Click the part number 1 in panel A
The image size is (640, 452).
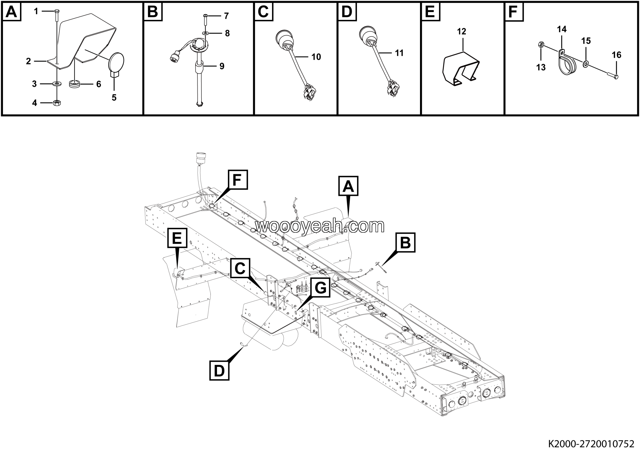tap(36, 11)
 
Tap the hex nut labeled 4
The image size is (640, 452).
tap(57, 103)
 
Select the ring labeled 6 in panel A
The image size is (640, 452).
tap(74, 84)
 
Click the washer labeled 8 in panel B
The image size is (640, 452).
tap(205, 33)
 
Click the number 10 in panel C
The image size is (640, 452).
tap(316, 57)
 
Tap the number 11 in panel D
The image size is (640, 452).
tap(399, 53)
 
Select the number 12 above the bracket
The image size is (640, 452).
tap(461, 31)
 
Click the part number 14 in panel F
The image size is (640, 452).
tap(562, 29)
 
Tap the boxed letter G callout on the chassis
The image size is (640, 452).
tap(320, 287)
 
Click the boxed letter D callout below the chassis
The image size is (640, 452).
tap(219, 371)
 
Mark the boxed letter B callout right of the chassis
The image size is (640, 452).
tap(405, 242)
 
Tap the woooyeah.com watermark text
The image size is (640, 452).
tap(320, 226)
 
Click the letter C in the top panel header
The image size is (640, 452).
tap(263, 12)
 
